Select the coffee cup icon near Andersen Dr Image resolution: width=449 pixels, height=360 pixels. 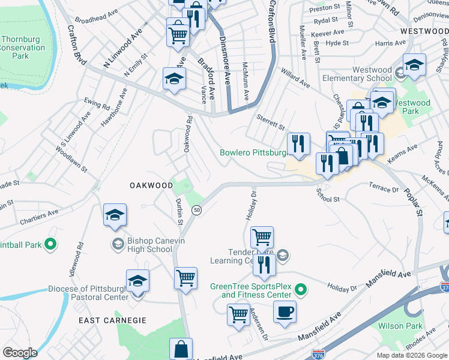click(x=285, y=311)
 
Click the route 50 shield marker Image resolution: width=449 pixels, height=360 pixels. click(x=196, y=210)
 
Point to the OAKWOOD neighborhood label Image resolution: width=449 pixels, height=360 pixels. click(x=151, y=185)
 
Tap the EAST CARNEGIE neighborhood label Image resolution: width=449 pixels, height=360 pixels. click(x=113, y=320)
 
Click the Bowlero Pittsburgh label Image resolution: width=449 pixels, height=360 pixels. click(x=255, y=153)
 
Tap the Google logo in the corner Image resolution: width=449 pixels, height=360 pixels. click(x=20, y=352)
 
